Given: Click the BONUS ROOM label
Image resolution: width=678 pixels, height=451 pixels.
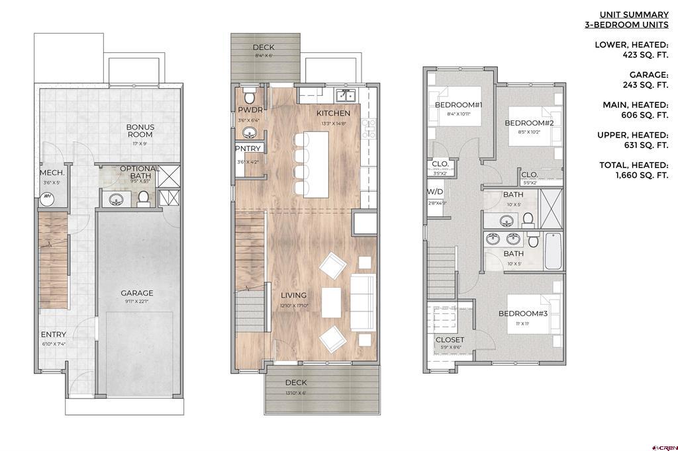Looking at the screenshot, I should tap(140, 130).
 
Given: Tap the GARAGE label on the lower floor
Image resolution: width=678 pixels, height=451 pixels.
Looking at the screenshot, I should tap(137, 293).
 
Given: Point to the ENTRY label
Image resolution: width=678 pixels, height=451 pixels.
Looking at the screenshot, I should tap(53, 335).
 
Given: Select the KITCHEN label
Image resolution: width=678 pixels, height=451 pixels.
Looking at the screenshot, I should tap(333, 113).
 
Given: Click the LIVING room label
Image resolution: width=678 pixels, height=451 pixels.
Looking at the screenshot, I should tap(293, 295).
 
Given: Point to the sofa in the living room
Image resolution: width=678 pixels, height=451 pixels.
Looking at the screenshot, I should tap(361, 302).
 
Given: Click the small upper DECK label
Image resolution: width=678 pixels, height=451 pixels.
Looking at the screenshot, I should tap(264, 48).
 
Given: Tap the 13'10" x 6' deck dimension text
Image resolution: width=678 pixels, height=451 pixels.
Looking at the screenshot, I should tap(295, 393).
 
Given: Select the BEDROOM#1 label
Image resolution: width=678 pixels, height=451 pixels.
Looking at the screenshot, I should tap(459, 105).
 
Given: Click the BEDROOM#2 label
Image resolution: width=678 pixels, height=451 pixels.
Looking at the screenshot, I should tap(529, 123).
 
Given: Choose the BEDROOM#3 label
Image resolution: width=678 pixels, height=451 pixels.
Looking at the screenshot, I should tap(523, 313).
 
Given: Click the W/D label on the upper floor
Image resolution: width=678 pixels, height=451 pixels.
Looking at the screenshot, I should tap(435, 192).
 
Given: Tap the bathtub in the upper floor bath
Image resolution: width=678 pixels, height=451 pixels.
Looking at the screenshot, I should tap(554, 252).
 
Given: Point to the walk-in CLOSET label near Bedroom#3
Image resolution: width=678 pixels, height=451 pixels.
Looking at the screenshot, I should tap(450, 340).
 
